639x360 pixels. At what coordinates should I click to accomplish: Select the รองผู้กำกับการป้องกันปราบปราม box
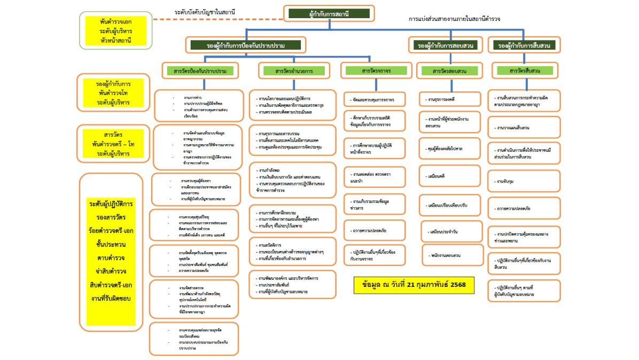246,45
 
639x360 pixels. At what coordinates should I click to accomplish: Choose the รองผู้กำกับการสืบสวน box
524,45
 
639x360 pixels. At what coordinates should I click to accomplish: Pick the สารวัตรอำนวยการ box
294,71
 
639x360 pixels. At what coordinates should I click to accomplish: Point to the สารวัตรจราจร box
375,71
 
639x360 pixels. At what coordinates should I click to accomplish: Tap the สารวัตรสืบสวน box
525,71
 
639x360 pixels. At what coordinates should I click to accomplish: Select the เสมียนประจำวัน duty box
450,232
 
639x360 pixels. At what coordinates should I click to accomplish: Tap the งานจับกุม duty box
524,182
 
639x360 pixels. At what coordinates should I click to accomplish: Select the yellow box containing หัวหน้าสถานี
115,31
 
